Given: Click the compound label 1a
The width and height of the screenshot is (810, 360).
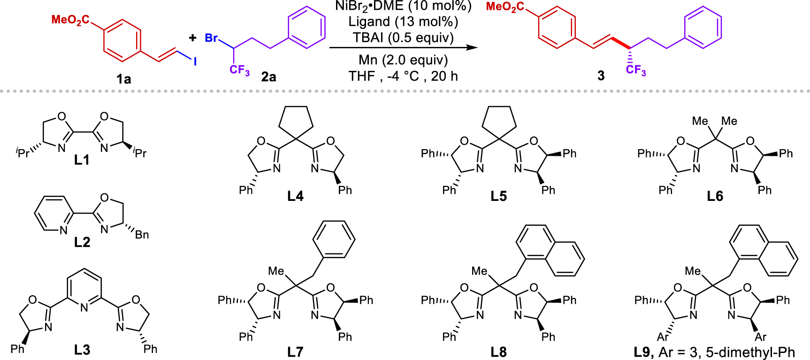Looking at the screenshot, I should (x=124, y=79).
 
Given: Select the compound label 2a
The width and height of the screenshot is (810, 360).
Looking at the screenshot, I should (x=268, y=77).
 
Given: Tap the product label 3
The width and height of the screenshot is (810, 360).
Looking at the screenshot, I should (x=601, y=76).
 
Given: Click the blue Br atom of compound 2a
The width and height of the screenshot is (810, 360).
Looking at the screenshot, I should (x=211, y=38).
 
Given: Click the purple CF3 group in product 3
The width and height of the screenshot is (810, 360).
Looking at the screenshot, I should (x=636, y=70).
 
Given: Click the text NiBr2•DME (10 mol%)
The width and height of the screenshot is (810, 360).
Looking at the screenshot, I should (x=403, y=6).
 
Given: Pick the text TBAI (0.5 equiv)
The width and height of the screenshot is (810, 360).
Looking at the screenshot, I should (x=403, y=38).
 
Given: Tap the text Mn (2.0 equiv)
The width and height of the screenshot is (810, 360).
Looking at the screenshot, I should (x=403, y=60).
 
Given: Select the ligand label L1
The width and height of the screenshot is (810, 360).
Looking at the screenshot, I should (x=82, y=160).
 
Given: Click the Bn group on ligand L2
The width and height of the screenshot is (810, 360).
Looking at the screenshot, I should (x=142, y=234).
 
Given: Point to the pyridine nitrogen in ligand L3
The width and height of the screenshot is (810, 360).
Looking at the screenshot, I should (x=84, y=307).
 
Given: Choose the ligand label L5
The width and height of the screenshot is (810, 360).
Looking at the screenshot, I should (x=498, y=196).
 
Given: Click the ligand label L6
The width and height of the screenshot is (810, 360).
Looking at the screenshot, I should (x=715, y=196).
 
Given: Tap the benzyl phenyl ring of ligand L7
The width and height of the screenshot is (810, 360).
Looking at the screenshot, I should (x=334, y=239).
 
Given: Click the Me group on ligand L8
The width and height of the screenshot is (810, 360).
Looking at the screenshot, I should (x=479, y=271).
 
